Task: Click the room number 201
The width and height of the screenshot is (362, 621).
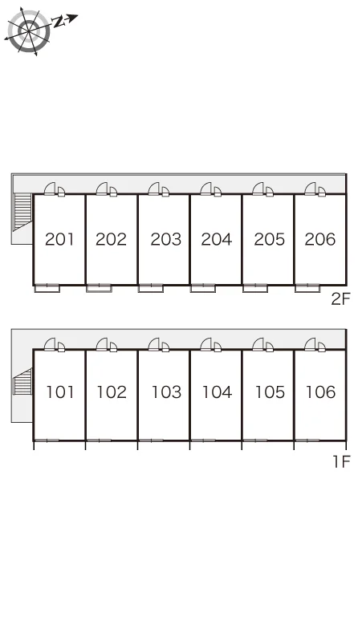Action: click(x=59, y=239)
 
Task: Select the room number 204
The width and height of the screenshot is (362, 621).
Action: click(x=216, y=239)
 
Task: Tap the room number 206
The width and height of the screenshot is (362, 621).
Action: click(x=320, y=239)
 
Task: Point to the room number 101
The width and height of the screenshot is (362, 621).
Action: click(x=60, y=392)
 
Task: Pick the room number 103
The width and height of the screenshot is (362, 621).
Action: click(x=166, y=392)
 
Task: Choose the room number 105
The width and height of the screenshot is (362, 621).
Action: click(x=270, y=392)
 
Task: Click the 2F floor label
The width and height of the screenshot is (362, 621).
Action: click(x=341, y=299)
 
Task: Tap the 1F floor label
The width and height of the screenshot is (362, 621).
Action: click(x=341, y=461)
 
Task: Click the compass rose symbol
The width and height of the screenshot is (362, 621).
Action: click(x=29, y=30)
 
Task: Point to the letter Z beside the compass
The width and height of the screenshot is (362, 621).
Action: click(x=59, y=22)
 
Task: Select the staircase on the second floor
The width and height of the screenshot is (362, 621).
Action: click(x=23, y=212)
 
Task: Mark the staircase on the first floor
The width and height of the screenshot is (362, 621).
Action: click(x=22, y=381)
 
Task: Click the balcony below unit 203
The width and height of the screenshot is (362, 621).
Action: click(x=151, y=288)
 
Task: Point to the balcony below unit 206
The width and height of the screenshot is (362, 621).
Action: click(x=307, y=288)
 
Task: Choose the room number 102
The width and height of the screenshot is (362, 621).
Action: click(x=112, y=392)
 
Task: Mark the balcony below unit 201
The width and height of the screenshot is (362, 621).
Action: click(x=47, y=288)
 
